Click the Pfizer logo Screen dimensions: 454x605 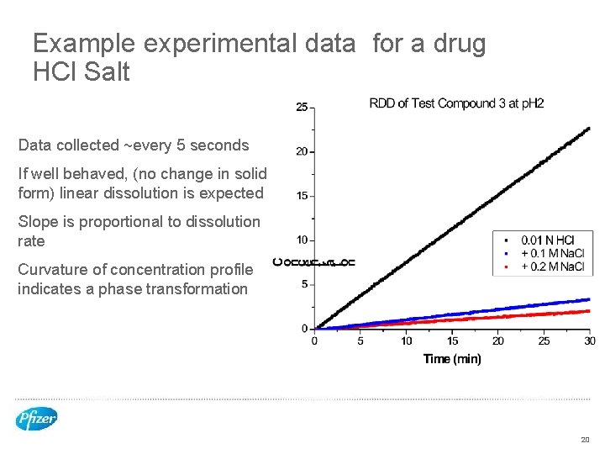click(x=36, y=419)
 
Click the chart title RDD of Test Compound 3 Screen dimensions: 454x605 click(x=456, y=103)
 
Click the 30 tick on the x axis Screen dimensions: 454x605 click(x=590, y=340)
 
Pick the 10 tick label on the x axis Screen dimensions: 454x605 click(x=407, y=340)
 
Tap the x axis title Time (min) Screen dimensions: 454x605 click(x=452, y=359)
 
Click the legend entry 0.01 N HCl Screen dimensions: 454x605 click(x=549, y=240)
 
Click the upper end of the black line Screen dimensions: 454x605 click(x=590, y=128)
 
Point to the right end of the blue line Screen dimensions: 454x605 click(x=590, y=298)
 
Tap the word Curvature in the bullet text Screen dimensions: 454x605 click(x=52, y=270)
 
